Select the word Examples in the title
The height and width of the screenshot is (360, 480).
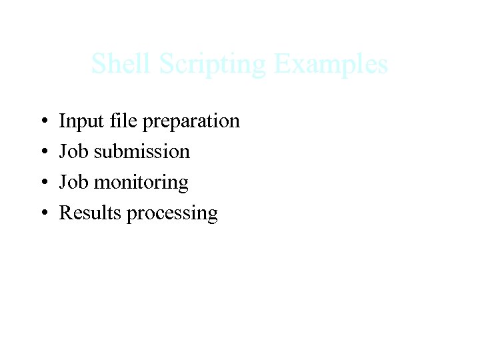point(331,65)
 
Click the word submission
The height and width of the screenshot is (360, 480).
point(142,151)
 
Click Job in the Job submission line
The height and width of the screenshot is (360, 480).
point(73,151)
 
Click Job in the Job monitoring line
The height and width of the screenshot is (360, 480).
point(73,182)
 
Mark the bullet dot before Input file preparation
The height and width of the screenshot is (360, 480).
point(43,122)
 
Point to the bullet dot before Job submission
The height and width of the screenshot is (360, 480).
point(43,153)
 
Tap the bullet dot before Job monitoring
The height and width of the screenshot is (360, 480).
point(43,183)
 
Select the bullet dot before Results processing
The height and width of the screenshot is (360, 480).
point(43,214)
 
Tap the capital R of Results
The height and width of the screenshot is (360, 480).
point(65,213)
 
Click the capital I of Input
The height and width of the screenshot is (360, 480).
point(62,121)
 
